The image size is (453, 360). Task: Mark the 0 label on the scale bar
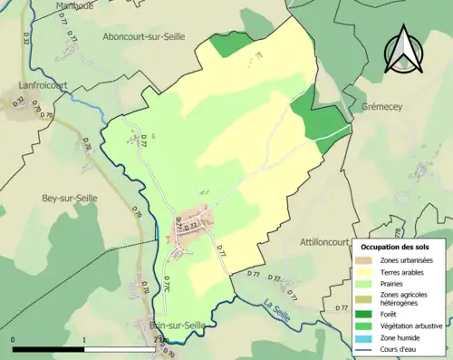tap(13, 340)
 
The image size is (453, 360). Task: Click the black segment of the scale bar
tap(48, 348)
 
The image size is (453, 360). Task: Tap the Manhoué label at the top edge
tap(74, 5)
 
